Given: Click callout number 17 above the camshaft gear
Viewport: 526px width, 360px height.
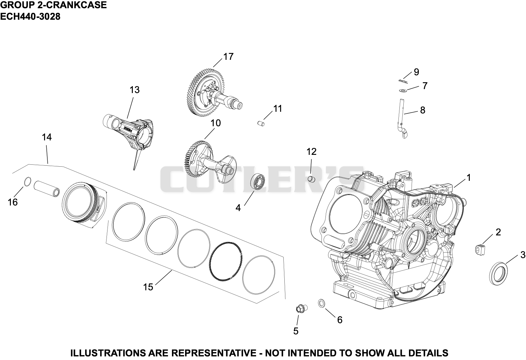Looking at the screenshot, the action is pos(228,57).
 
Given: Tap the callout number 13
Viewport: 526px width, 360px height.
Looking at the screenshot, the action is pos(134,90).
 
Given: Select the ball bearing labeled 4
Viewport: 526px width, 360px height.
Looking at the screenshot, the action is pos(258,182).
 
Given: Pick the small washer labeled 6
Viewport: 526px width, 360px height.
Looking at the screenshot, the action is pos(322,303).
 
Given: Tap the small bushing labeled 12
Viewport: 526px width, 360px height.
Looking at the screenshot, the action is pos(311,179).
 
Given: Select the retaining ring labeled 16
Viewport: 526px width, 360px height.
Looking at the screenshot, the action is pos(28,181).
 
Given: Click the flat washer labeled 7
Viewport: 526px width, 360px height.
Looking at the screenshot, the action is pos(403,90).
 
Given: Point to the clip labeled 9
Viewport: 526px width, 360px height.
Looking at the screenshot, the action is pos(403,81).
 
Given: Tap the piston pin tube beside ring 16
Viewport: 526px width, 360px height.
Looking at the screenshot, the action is pos(47,189).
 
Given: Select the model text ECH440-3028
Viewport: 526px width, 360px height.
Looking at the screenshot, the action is pos(30,16).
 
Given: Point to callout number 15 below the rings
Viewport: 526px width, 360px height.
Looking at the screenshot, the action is pos(148,287).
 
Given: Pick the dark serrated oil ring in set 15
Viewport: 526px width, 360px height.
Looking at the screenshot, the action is pos(226,261).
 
